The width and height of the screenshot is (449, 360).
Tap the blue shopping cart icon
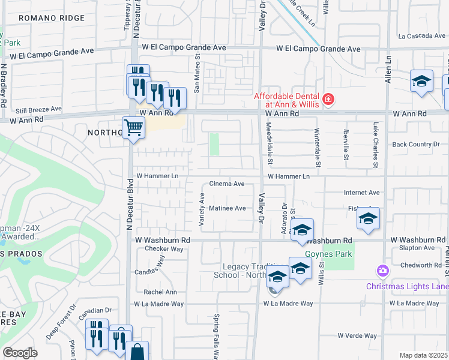[x=133, y=127]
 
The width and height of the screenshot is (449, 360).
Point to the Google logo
[x=20, y=353]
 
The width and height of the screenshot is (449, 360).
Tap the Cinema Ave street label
[x=226, y=184]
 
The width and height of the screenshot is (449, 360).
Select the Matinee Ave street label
[x=228, y=208]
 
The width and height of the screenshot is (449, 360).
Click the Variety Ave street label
[x=202, y=209]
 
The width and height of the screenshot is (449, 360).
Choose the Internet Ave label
[x=361, y=193]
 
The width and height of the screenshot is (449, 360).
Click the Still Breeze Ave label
[x=38, y=109]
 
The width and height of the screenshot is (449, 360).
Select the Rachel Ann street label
[x=160, y=292]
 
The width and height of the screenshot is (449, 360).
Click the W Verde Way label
[x=357, y=335]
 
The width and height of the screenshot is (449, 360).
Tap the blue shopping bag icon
[x=137, y=352]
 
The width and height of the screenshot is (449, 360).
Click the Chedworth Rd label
[x=420, y=265]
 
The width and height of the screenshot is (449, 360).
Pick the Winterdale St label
[x=317, y=148]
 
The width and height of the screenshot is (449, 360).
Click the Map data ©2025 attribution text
[x=423, y=355]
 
